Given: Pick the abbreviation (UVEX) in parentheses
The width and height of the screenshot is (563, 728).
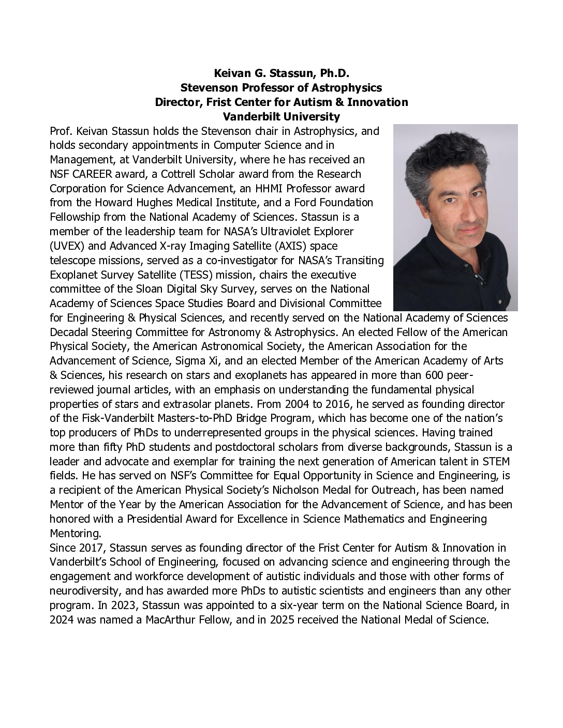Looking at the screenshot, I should (66, 246).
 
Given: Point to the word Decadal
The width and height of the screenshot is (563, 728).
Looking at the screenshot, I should (70, 332).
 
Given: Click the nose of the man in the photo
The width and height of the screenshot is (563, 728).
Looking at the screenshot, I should (464, 213).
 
